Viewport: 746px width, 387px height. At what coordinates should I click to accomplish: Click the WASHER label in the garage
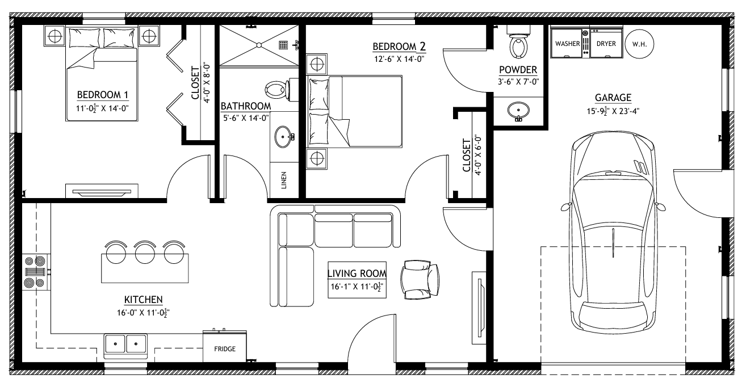[x=567, y=43]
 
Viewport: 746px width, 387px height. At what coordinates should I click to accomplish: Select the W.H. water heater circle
[x=639, y=43]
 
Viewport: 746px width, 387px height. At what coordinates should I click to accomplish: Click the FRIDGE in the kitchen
[x=225, y=348]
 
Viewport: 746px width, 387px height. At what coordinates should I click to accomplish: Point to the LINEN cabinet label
[x=284, y=180]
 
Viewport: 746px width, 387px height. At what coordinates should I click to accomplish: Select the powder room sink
[x=518, y=109]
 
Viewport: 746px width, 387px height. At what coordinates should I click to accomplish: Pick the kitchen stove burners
[x=36, y=272]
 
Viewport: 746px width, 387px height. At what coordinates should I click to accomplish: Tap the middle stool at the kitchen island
[x=145, y=251]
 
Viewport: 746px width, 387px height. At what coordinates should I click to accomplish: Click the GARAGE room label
[x=613, y=98]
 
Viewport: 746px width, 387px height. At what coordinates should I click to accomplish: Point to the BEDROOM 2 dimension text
[x=400, y=58]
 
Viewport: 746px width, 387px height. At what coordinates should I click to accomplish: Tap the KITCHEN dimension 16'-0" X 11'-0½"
[x=144, y=312]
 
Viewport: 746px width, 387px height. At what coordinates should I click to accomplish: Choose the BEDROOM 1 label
[x=103, y=94]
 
